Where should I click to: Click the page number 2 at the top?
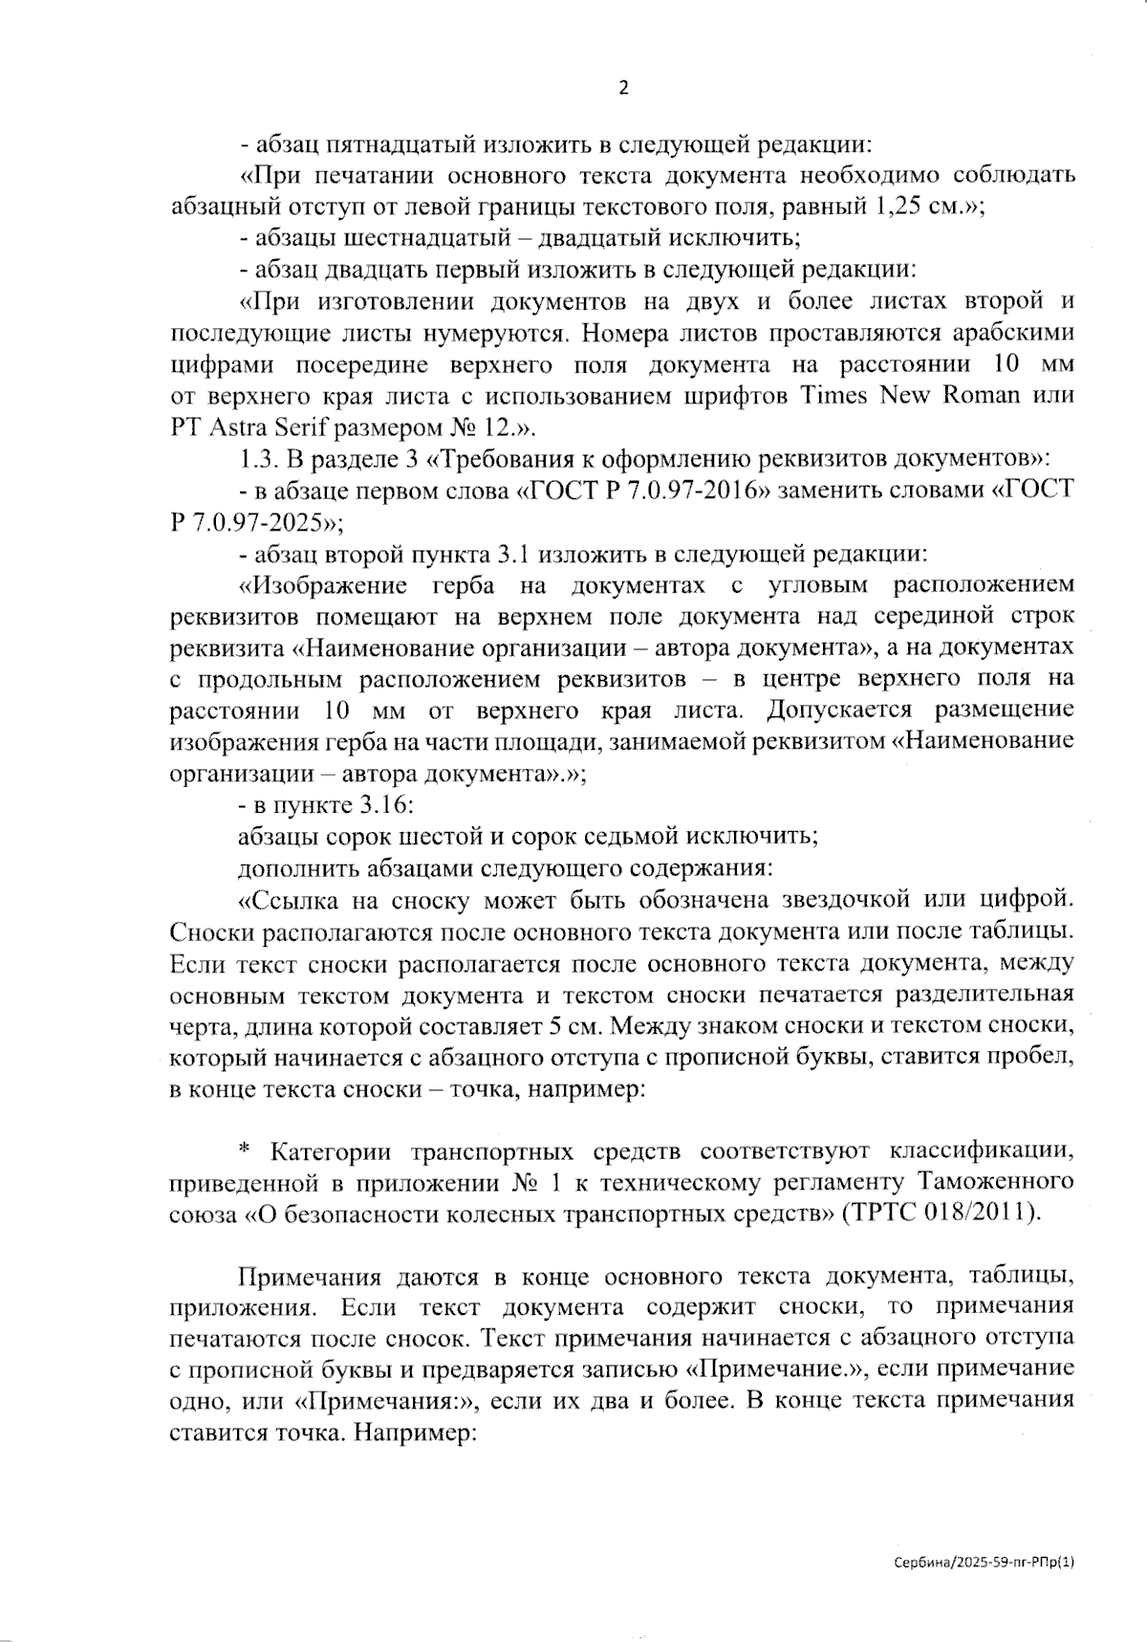(624, 89)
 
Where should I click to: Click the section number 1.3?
(257, 458)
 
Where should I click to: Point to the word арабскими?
(1014, 333)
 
